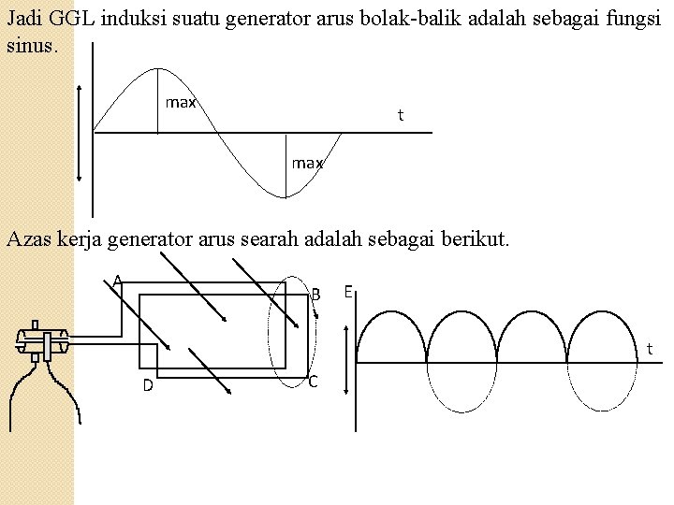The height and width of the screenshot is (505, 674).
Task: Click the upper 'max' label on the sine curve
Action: (181, 102)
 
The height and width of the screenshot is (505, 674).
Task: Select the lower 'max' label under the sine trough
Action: (307, 163)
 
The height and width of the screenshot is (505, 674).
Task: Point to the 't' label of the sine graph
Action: (401, 115)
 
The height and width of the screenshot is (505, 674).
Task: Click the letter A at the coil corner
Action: (117, 280)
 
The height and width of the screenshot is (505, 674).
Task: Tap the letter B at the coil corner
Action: (316, 295)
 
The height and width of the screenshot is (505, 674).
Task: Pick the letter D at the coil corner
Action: (148, 385)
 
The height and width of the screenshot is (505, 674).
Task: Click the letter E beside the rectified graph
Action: (347, 292)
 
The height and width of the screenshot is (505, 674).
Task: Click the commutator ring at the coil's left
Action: (42, 342)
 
